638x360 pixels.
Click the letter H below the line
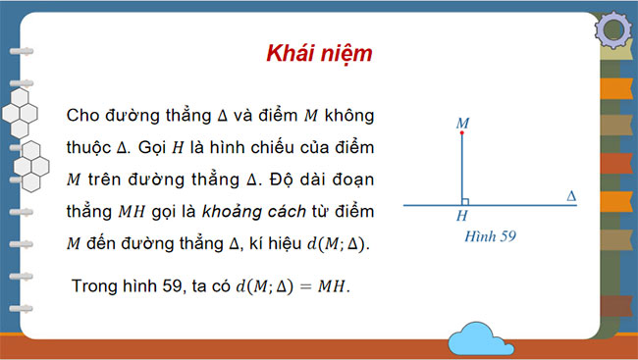[x=461, y=215]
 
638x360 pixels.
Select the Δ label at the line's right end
[x=572, y=196]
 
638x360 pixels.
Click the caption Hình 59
[x=487, y=235]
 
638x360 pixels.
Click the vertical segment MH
[x=461, y=172]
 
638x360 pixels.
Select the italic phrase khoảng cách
[x=254, y=211]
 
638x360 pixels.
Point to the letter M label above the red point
[x=462, y=124]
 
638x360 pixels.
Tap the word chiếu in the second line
[x=260, y=147]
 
